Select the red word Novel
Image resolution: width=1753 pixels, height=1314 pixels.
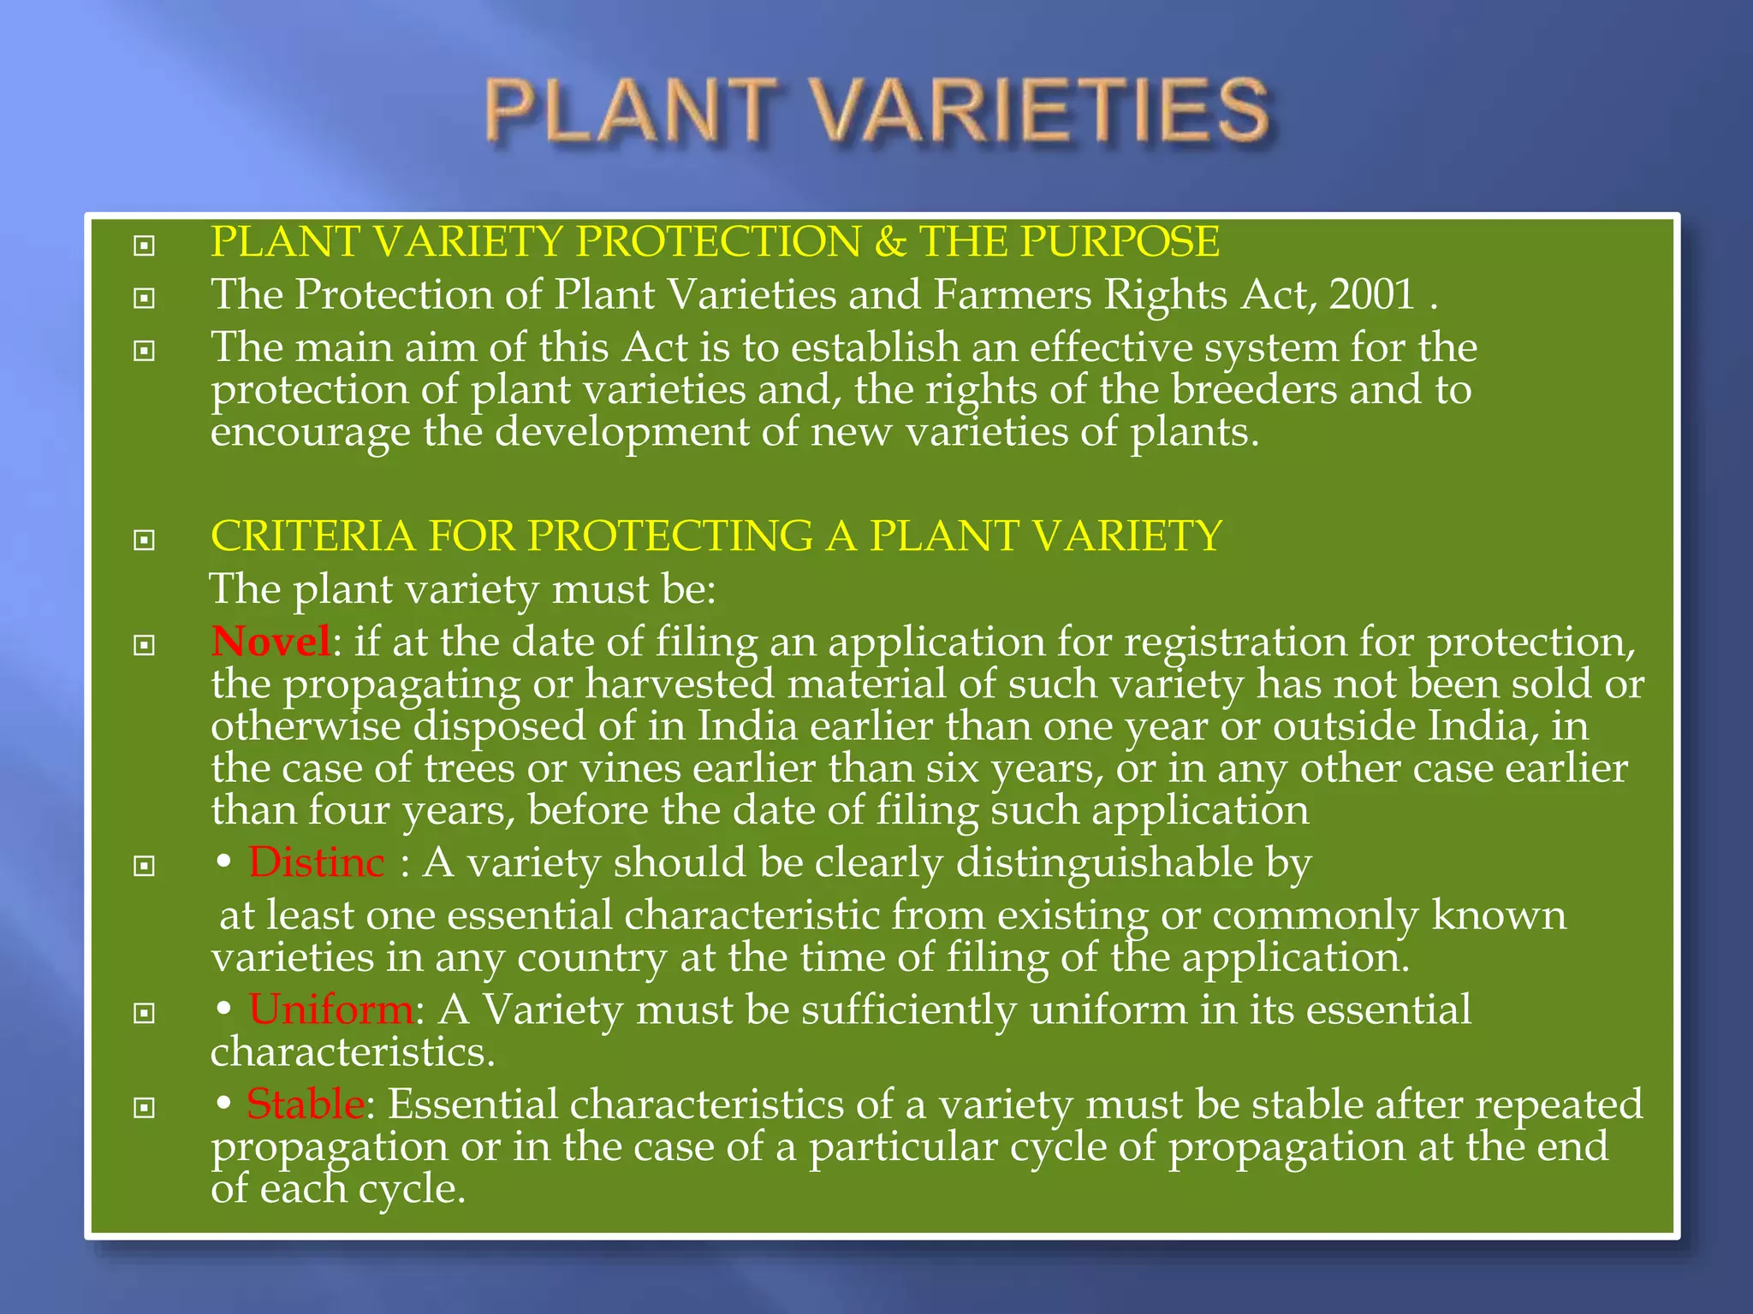click(x=270, y=642)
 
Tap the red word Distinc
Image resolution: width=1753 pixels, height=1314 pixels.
click(x=316, y=862)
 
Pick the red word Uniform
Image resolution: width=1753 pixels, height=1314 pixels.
click(x=330, y=1009)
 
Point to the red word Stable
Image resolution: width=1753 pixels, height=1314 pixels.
click(x=306, y=1104)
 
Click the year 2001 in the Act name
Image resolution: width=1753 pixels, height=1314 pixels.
click(x=1371, y=295)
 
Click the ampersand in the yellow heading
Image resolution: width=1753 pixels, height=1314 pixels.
click(x=890, y=242)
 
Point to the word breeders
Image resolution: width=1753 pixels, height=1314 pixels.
click(x=1253, y=390)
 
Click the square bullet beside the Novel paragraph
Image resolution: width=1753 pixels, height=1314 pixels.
click(x=145, y=645)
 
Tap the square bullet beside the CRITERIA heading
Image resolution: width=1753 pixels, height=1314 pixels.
click(x=145, y=540)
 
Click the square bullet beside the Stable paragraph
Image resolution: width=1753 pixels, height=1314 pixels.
click(x=145, y=1108)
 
